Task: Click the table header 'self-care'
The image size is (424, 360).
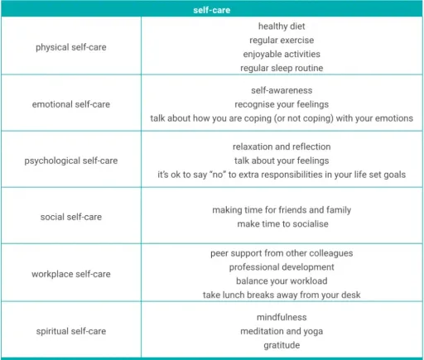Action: (211, 11)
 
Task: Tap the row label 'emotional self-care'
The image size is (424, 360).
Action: (75, 103)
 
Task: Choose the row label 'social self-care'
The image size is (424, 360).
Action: (75, 217)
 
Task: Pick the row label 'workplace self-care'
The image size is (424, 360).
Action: (75, 273)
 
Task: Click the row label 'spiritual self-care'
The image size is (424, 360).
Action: (75, 330)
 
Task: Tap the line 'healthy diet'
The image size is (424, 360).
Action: (281, 26)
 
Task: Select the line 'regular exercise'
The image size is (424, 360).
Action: (281, 40)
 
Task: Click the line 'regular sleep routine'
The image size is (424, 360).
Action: (281, 67)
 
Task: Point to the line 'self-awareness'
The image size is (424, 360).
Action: (281, 89)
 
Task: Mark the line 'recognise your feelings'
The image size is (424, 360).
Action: (281, 103)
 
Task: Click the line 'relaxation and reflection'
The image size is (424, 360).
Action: (281, 146)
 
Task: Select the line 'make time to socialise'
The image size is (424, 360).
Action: (281, 224)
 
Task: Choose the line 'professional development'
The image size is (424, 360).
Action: (281, 267)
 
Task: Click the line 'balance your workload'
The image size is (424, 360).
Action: (281, 281)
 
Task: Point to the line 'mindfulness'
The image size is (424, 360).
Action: (281, 317)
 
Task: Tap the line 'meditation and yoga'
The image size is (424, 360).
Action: (281, 331)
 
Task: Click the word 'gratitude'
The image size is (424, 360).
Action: (281, 344)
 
